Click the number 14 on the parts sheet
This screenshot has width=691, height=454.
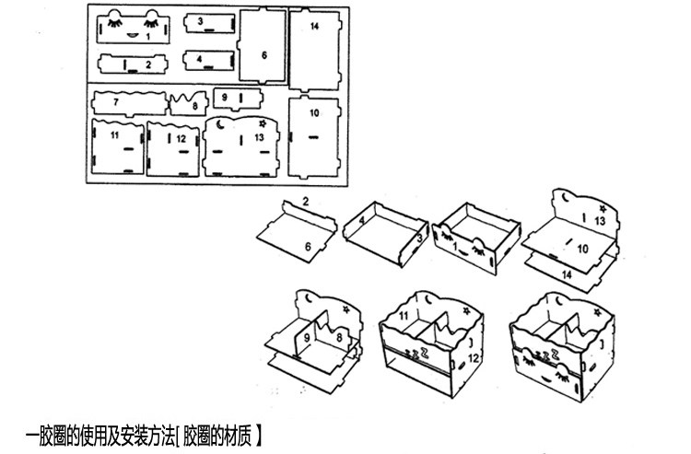[314, 27]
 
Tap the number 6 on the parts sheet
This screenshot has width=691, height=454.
[264, 55]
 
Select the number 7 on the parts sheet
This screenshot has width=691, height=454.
[117, 100]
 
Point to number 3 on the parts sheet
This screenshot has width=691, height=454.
[200, 19]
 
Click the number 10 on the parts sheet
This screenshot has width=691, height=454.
[314, 112]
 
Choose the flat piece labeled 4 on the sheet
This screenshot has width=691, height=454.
[206, 59]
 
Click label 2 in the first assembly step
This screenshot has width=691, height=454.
[304, 200]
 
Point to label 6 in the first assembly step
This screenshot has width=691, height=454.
[308, 246]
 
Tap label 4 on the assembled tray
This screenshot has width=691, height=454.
[362, 220]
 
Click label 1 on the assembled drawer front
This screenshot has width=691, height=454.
[454, 247]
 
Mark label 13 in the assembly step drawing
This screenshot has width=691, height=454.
[599, 221]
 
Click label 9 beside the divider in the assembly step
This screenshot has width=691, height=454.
[307, 338]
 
